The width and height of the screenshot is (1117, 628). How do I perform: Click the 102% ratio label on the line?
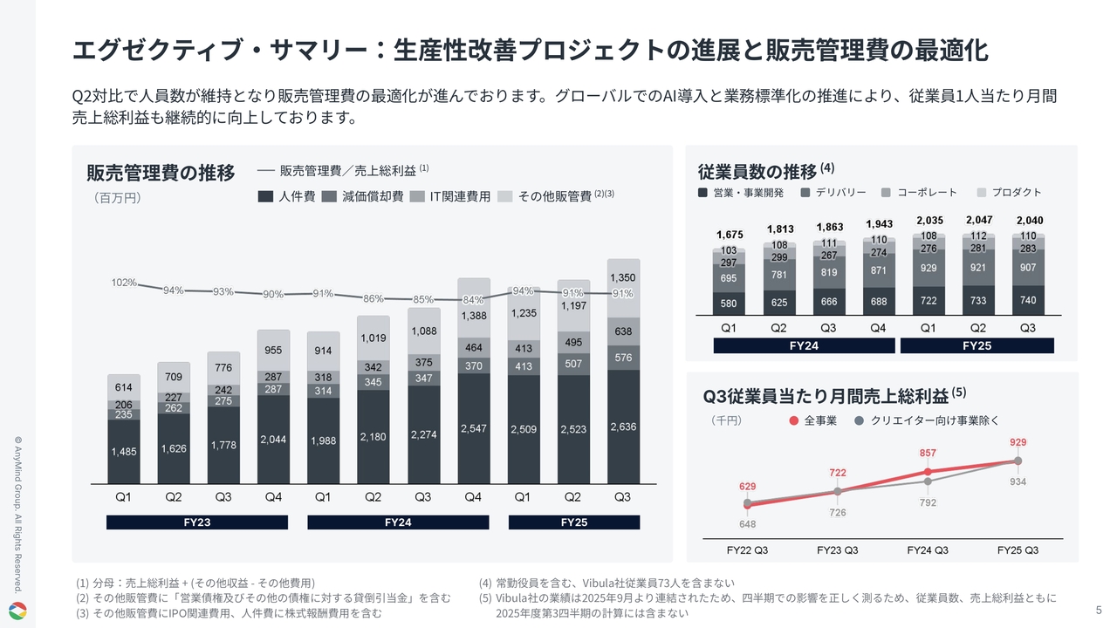(123, 283)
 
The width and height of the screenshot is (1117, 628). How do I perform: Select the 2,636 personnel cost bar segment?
(623, 427)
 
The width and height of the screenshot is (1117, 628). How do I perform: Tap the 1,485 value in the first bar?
(124, 451)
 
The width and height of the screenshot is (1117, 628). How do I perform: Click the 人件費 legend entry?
(287, 197)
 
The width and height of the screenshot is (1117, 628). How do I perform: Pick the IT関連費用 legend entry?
(450, 197)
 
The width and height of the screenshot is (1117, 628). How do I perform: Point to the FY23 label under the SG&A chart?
(196, 522)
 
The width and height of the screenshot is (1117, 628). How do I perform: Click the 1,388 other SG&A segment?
(473, 316)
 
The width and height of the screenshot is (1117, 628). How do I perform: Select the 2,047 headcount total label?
(980, 220)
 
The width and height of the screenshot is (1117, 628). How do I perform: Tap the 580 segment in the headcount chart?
(729, 304)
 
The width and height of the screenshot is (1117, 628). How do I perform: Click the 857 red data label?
(928, 454)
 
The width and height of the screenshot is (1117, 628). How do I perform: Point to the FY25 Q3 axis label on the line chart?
(1018, 550)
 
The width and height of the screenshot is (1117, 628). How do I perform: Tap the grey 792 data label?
(928, 502)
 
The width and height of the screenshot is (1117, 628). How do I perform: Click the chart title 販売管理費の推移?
(161, 173)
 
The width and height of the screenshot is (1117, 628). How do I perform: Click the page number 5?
(1098, 609)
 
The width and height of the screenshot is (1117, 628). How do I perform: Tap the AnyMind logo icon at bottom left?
(17, 610)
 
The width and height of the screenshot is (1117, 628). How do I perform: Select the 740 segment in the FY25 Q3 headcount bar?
(1029, 300)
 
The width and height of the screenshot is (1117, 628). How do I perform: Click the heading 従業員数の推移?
(757, 171)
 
